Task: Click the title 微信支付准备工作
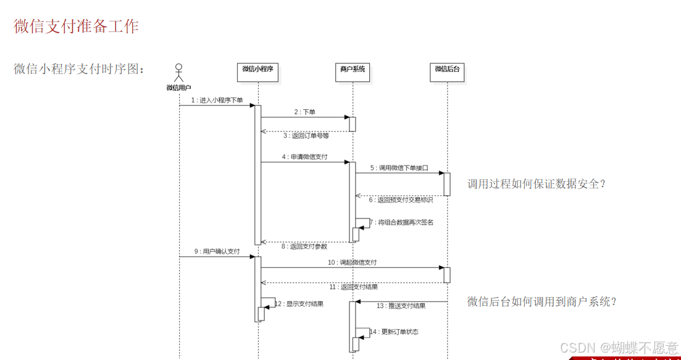pyautogui.click(x=77, y=26)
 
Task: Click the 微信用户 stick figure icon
pyautogui.click(x=179, y=73)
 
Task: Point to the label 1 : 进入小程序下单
pyautogui.click(x=217, y=100)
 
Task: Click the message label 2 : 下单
pyautogui.click(x=304, y=112)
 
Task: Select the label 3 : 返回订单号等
pyautogui.click(x=306, y=135)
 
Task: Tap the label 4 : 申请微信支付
pyautogui.click(x=304, y=157)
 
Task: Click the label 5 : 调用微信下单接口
pyautogui.click(x=399, y=168)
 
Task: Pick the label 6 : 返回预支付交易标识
pyautogui.click(x=401, y=199)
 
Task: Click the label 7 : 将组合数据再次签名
pyautogui.click(x=402, y=222)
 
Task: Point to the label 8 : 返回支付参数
pyautogui.click(x=304, y=246)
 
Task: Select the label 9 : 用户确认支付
pyautogui.click(x=217, y=251)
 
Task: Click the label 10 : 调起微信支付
pyautogui.click(x=352, y=262)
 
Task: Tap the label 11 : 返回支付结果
pyautogui.click(x=353, y=287)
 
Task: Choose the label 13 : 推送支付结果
pyautogui.click(x=401, y=306)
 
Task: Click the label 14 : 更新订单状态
pyautogui.click(x=395, y=332)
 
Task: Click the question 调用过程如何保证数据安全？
pyautogui.click(x=537, y=183)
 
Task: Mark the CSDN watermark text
pyautogui.click(x=619, y=347)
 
